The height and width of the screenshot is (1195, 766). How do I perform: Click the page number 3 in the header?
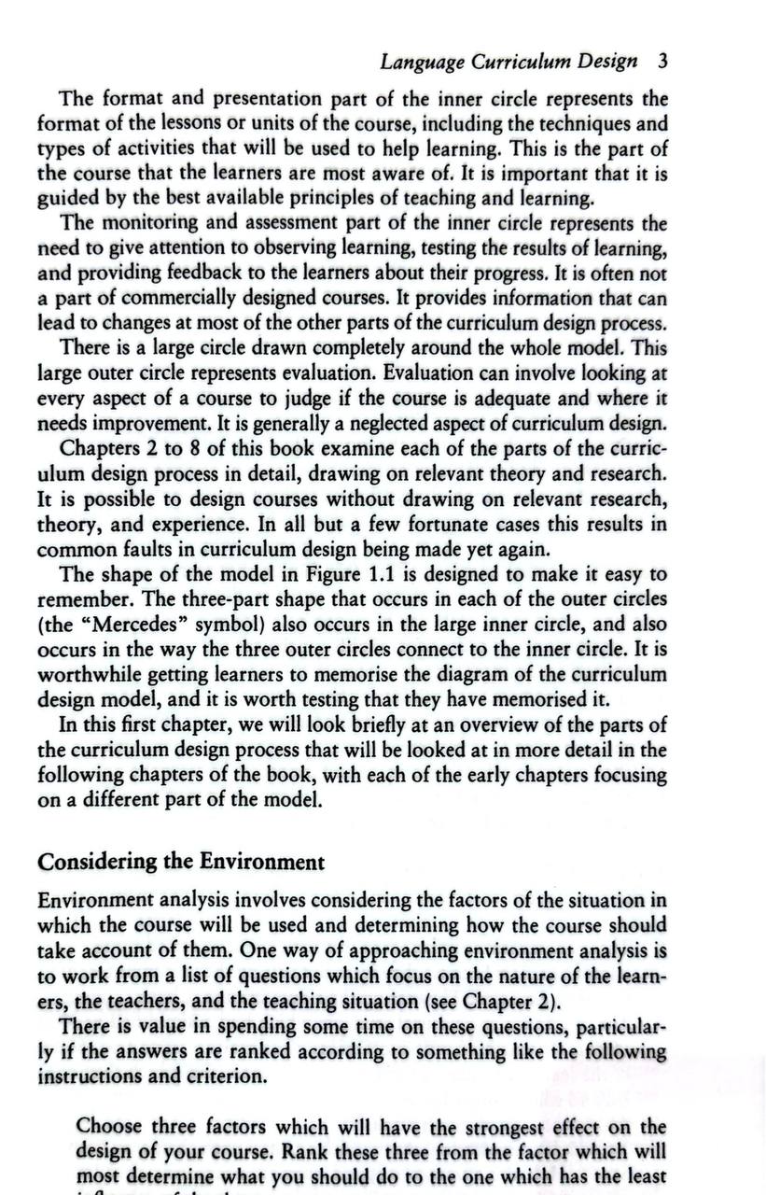tap(662, 63)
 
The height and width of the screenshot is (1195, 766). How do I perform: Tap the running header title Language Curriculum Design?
tap(508, 63)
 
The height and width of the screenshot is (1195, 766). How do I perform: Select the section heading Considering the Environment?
tap(181, 861)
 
